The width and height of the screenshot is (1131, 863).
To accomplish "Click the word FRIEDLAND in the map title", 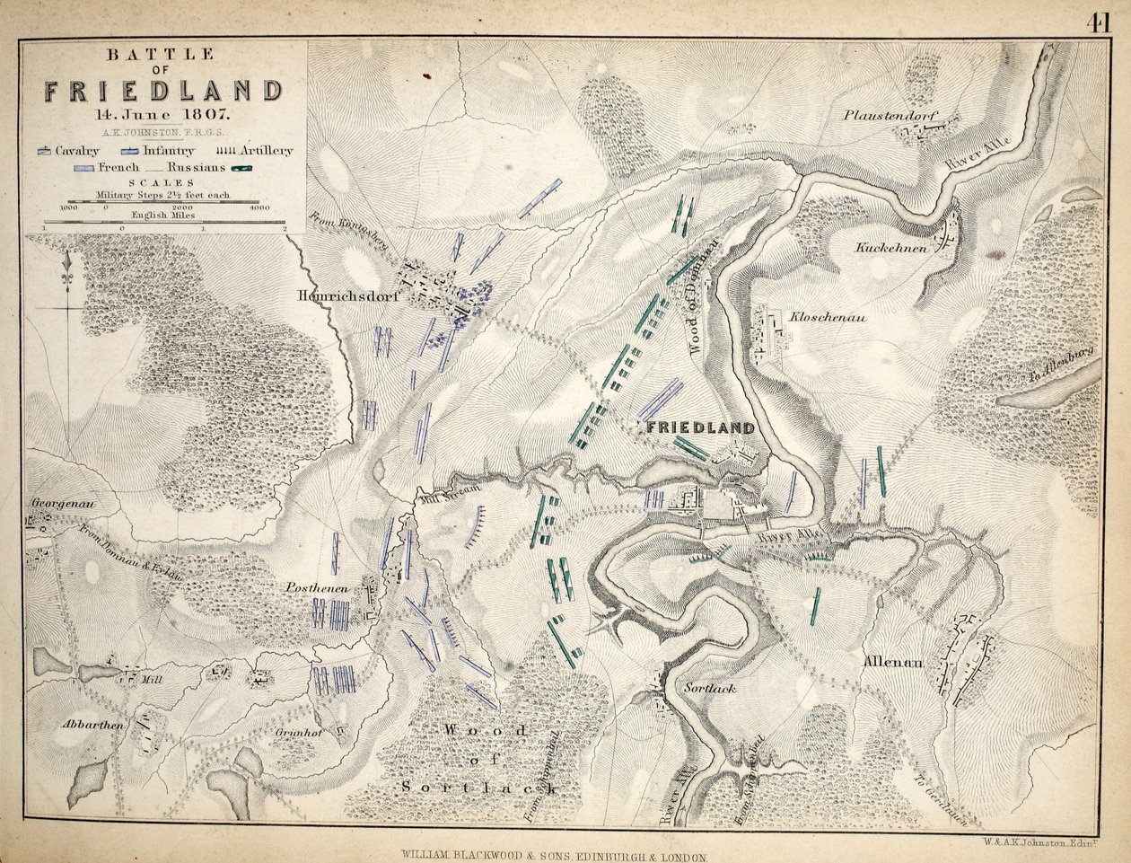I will (163, 92).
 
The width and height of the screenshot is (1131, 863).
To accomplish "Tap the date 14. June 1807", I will (163, 114).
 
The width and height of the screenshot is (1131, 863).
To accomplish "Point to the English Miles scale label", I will (163, 216).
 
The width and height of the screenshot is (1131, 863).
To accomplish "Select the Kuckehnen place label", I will (890, 248).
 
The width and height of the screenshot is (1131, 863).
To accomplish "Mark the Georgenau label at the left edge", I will (63, 504).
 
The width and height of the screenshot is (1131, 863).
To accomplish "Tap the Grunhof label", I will (305, 731).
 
